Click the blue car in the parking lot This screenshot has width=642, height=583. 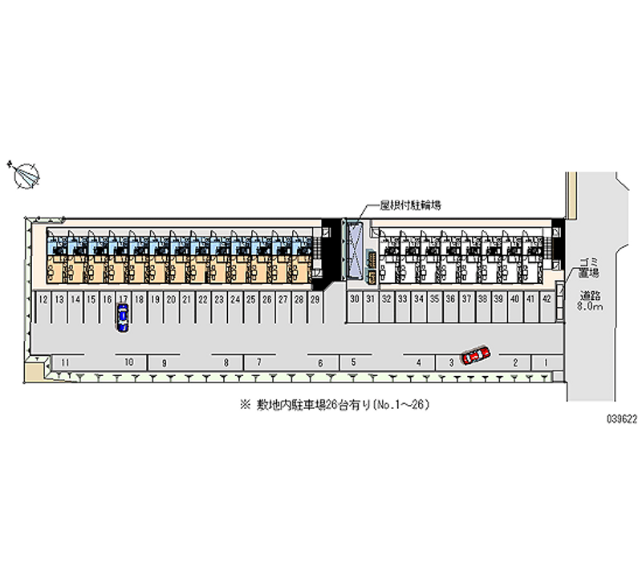click(x=122, y=318)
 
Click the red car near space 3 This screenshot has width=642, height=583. click(x=476, y=354)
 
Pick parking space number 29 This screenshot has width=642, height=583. click(x=315, y=299)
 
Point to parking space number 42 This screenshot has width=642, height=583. click(x=547, y=299)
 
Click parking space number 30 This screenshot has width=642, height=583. click(x=354, y=299)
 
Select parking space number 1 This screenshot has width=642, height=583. click(x=546, y=362)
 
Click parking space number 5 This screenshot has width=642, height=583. click(x=353, y=362)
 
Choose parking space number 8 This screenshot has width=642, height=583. click(x=226, y=362)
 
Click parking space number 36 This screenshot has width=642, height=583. click(x=450, y=299)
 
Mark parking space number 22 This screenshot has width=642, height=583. click(x=202, y=299)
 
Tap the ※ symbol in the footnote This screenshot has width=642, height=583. click(x=245, y=406)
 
